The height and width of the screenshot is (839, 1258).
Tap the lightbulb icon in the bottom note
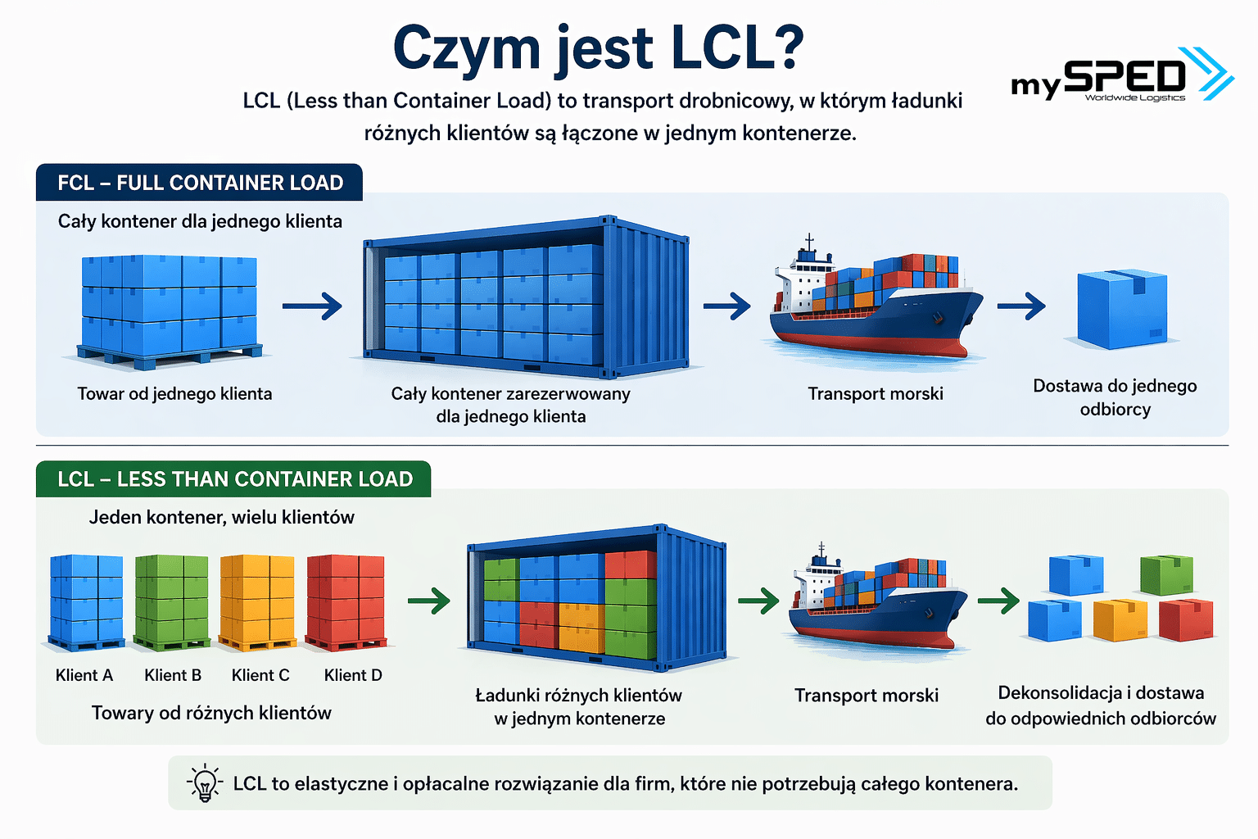pyautogui.click(x=205, y=783)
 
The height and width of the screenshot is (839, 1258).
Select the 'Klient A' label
pyautogui.click(x=84, y=675)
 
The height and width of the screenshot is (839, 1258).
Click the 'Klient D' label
pyautogui.click(x=353, y=675)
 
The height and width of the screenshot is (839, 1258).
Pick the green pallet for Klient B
pyautogui.click(x=171, y=601)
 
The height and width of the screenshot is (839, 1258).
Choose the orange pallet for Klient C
pyautogui.click(x=257, y=601)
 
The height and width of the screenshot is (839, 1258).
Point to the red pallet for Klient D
pyautogui.click(x=345, y=601)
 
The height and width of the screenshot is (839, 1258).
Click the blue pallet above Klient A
pyautogui.click(x=86, y=601)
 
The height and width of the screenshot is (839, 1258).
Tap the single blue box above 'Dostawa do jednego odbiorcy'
pyautogui.click(x=1121, y=310)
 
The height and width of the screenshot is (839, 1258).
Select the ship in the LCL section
pyautogui.click(x=876, y=602)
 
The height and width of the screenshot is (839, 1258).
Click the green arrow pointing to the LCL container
pyautogui.click(x=429, y=601)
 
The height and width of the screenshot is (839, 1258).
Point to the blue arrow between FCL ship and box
pyautogui.click(x=1021, y=306)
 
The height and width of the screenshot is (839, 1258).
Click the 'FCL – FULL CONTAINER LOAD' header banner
pyautogui.click(x=200, y=183)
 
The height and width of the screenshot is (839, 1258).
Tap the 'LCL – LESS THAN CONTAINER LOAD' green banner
pyautogui.click(x=234, y=479)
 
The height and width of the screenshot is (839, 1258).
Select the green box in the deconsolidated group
pyautogui.click(x=1166, y=574)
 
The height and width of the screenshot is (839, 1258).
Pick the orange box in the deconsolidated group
pyautogui.click(x=1120, y=619)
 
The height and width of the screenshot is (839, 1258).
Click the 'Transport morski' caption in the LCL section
pyautogui.click(x=867, y=696)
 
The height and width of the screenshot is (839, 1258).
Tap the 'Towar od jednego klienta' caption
pyautogui.click(x=174, y=394)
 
